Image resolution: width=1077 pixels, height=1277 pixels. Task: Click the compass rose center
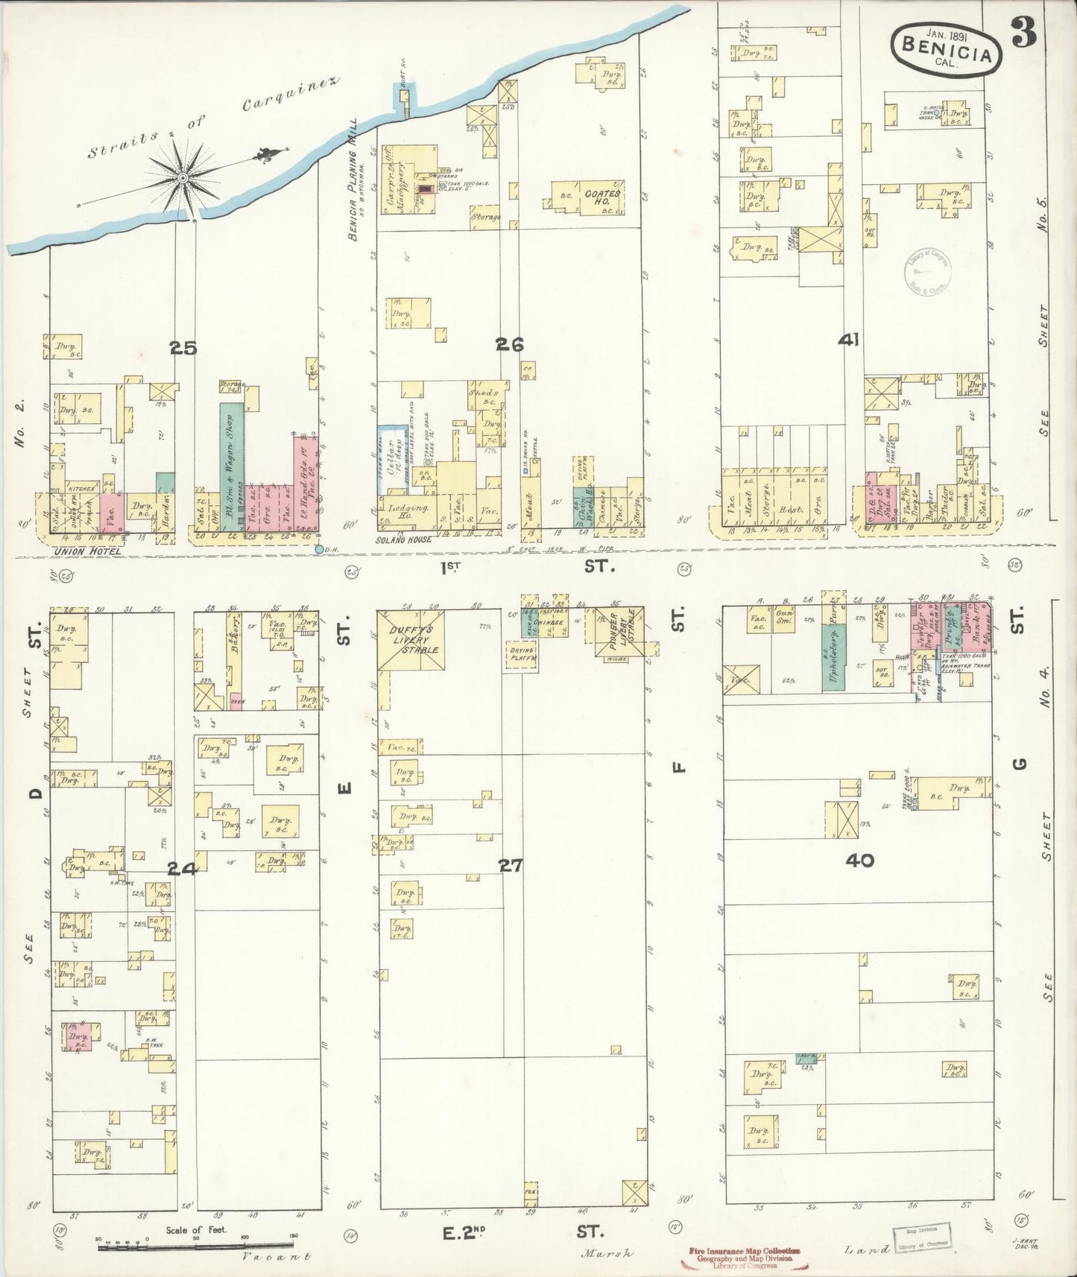pyautogui.click(x=182, y=177)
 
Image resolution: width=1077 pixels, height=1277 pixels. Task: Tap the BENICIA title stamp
pyautogui.click(x=947, y=46)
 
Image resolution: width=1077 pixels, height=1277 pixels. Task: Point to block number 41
pyautogui.click(x=848, y=340)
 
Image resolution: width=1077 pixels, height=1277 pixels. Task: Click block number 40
pyautogui.click(x=860, y=861)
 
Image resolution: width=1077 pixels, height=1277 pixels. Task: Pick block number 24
pyautogui.click(x=181, y=867)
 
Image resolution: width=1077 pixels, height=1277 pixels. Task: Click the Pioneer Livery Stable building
pyautogui.click(x=620, y=633)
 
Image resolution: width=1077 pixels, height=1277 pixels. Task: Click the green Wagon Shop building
pyautogui.click(x=232, y=465)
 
